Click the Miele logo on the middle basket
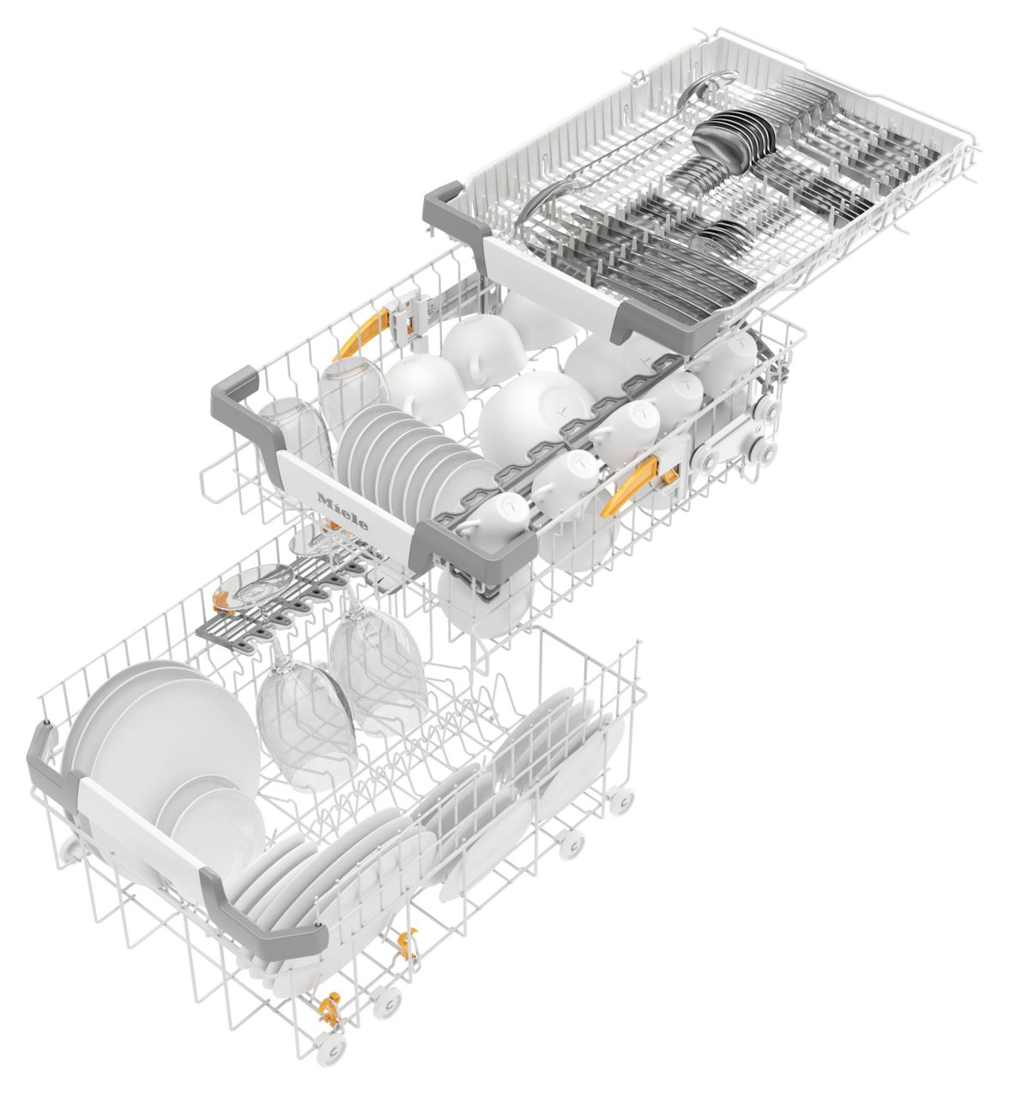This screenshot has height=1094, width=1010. [x=342, y=511]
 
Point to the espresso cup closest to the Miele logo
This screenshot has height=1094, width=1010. [x=490, y=517]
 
